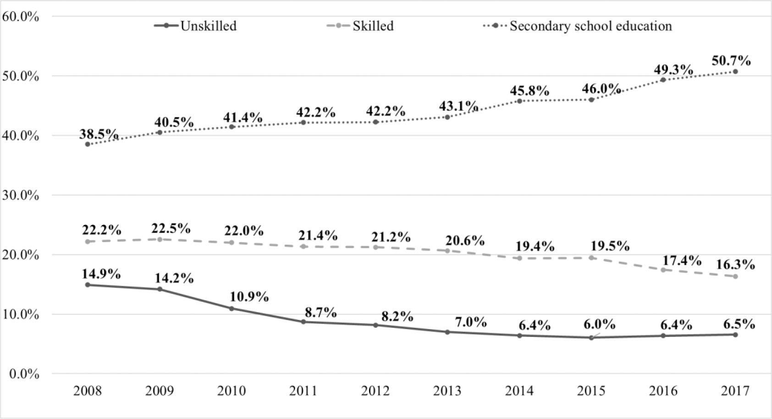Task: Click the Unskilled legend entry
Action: click(x=196, y=26)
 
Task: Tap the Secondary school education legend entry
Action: click(x=578, y=26)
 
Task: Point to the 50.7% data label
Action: click(x=731, y=61)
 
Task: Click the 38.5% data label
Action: click(x=99, y=134)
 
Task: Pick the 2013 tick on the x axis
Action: click(x=447, y=391)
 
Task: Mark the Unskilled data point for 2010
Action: click(x=232, y=309)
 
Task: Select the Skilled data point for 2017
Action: click(x=735, y=276)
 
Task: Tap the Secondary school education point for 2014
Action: click(x=519, y=101)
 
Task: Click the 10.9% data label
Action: click(x=249, y=297)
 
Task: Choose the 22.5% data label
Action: click(x=171, y=228)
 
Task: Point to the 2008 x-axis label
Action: click(x=87, y=391)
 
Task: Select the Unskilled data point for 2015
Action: click(x=591, y=337)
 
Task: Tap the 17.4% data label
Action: click(x=681, y=261)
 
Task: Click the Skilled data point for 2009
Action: click(x=160, y=239)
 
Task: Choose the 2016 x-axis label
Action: click(x=663, y=391)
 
